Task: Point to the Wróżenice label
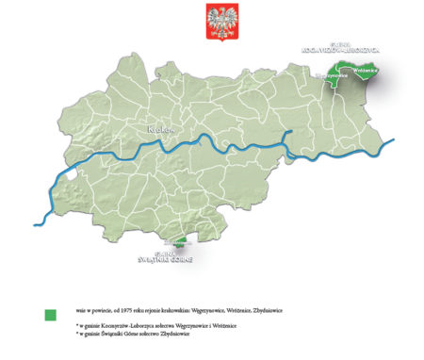coord(364,70)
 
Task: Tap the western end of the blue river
coord(36,224)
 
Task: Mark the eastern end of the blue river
coord(392,139)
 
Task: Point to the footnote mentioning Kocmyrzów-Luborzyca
coord(156,325)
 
